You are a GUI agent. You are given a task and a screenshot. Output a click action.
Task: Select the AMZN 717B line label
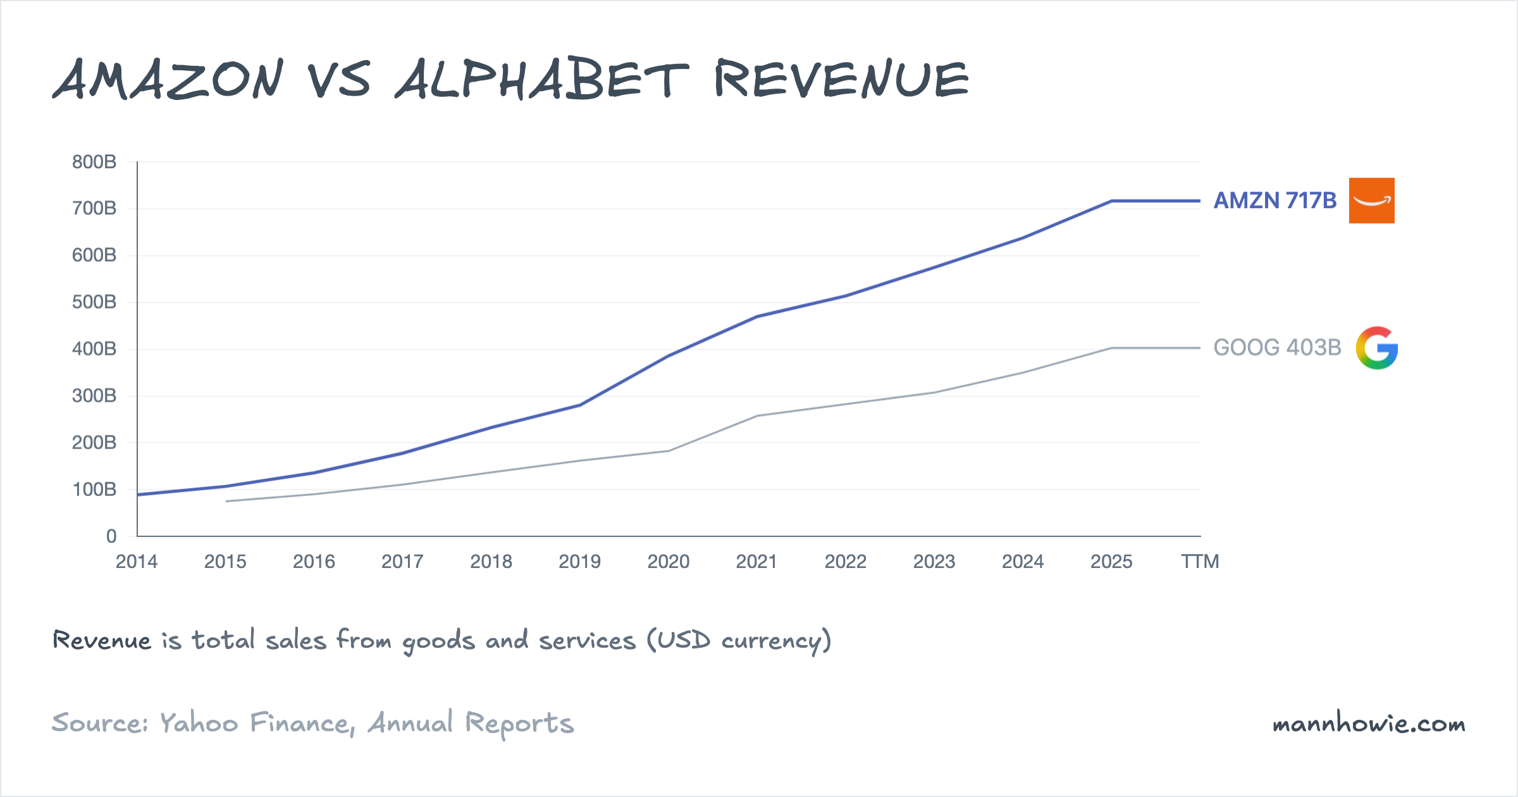tap(1274, 201)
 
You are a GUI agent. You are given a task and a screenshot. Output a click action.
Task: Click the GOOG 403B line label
tap(1277, 348)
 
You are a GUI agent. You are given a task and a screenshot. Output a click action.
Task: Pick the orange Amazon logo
tap(1371, 201)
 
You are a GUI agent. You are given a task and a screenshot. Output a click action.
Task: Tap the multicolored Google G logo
tap(1376, 348)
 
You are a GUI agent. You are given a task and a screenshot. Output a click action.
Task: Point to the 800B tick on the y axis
tap(94, 162)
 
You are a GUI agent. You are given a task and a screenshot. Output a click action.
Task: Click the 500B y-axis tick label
tap(94, 302)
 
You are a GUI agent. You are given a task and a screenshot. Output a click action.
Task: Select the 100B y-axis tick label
tap(94, 490)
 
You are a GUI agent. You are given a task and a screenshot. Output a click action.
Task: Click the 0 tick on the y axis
tap(111, 536)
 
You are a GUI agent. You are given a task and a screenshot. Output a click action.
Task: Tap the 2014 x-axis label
tap(137, 562)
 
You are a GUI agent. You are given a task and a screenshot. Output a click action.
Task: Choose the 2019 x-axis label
tap(579, 562)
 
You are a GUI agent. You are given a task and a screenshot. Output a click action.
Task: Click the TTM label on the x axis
tap(1200, 562)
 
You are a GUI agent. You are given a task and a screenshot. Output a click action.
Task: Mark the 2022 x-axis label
tap(845, 562)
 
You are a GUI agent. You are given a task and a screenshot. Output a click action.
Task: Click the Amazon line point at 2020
tap(669, 356)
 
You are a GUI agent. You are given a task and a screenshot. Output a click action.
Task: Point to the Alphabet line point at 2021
tap(757, 416)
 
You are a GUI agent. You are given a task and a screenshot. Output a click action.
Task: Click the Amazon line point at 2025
tap(1111, 201)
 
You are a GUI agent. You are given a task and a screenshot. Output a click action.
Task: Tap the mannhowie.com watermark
tap(1369, 724)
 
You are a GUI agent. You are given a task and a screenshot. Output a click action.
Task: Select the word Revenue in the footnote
tap(102, 641)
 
